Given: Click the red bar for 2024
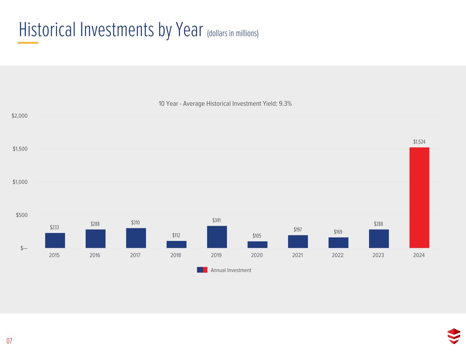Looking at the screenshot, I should pyautogui.click(x=419, y=198).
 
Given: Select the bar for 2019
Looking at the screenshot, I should pyautogui.click(x=217, y=237).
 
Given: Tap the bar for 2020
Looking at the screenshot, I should pyautogui.click(x=257, y=244).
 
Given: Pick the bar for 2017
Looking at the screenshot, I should pyautogui.click(x=136, y=238).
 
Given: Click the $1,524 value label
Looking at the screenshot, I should pyautogui.click(x=419, y=142).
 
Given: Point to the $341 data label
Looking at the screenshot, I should pyautogui.click(x=216, y=220).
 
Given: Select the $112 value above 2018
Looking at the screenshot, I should pyautogui.click(x=176, y=235).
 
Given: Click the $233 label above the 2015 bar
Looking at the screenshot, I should pyautogui.click(x=55, y=227).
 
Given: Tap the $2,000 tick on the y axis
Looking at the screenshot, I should pyautogui.click(x=19, y=116).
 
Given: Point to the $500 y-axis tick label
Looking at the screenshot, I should pyautogui.click(x=22, y=215).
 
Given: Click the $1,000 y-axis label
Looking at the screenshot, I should pyautogui.click(x=20, y=182).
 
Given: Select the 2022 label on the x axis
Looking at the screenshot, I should pyautogui.click(x=338, y=255).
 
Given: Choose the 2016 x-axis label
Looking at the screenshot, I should pyautogui.click(x=95, y=255).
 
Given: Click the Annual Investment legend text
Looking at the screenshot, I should pyautogui.click(x=231, y=270).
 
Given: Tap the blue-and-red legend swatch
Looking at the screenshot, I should pyautogui.click(x=202, y=270).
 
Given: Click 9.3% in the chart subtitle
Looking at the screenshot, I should pyautogui.click(x=285, y=104).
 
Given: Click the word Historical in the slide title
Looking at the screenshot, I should pyautogui.click(x=48, y=30).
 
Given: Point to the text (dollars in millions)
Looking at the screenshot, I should pyautogui.click(x=232, y=33).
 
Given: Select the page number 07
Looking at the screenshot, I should pyautogui.click(x=9, y=341).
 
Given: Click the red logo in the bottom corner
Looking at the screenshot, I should pyautogui.click(x=454, y=336).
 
